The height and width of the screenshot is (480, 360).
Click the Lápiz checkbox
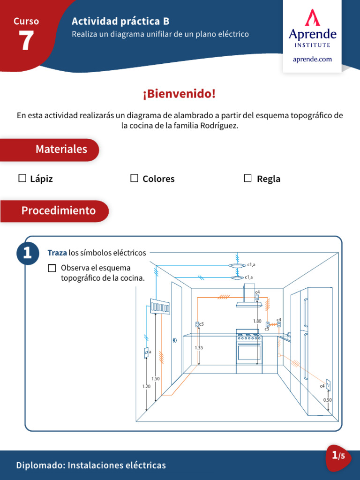tap(22, 178)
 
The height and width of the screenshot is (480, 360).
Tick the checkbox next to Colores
tap(135, 178)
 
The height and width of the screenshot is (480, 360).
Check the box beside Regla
tap(247, 178)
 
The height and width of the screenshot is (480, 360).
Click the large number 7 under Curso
tap(26, 41)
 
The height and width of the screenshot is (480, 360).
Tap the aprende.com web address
tap(312, 59)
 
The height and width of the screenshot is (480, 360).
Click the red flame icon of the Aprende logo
tap(312, 18)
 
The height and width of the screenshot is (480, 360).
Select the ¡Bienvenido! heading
tap(180, 94)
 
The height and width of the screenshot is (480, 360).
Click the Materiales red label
tap(61, 150)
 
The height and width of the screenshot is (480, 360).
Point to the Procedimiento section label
tap(59, 211)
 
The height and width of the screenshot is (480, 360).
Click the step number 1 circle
tap(27, 254)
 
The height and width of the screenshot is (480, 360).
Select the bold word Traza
tap(57, 253)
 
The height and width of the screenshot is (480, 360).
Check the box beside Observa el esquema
tap(52, 268)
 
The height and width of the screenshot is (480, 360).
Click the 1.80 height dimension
tap(257, 321)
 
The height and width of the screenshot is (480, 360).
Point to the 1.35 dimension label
tap(199, 348)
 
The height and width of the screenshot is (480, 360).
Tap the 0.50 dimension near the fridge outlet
tap(327, 400)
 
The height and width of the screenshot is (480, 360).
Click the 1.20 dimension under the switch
tap(146, 386)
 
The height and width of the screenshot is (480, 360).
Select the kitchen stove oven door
tap(249, 352)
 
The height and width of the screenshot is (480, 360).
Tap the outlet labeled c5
tap(197, 324)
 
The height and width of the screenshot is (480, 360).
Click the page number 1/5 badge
tap(338, 456)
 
